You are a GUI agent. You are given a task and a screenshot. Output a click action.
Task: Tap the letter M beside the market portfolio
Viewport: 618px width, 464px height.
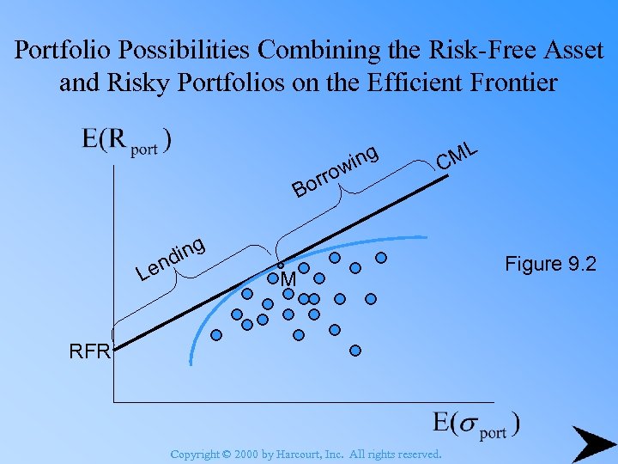pyautogui.click(x=288, y=281)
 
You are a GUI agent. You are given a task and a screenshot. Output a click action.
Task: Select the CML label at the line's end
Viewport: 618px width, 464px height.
pyautogui.click(x=457, y=156)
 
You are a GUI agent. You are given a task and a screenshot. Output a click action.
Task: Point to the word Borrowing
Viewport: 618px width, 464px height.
pyautogui.click(x=335, y=171)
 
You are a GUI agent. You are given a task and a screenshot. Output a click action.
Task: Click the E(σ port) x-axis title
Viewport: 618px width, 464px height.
pyautogui.click(x=476, y=425)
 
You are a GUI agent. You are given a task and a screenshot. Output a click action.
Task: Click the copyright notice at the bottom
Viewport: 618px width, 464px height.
pyautogui.click(x=306, y=454)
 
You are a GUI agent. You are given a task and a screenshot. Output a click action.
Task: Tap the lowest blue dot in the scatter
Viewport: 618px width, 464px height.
pyautogui.click(x=354, y=351)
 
